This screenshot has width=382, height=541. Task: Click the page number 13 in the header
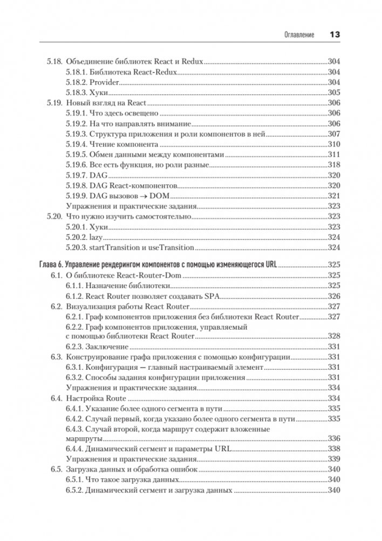334,34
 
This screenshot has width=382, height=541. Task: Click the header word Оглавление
299,35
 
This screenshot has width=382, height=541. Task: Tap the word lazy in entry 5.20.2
96,237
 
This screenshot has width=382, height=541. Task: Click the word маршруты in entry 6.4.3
80,438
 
